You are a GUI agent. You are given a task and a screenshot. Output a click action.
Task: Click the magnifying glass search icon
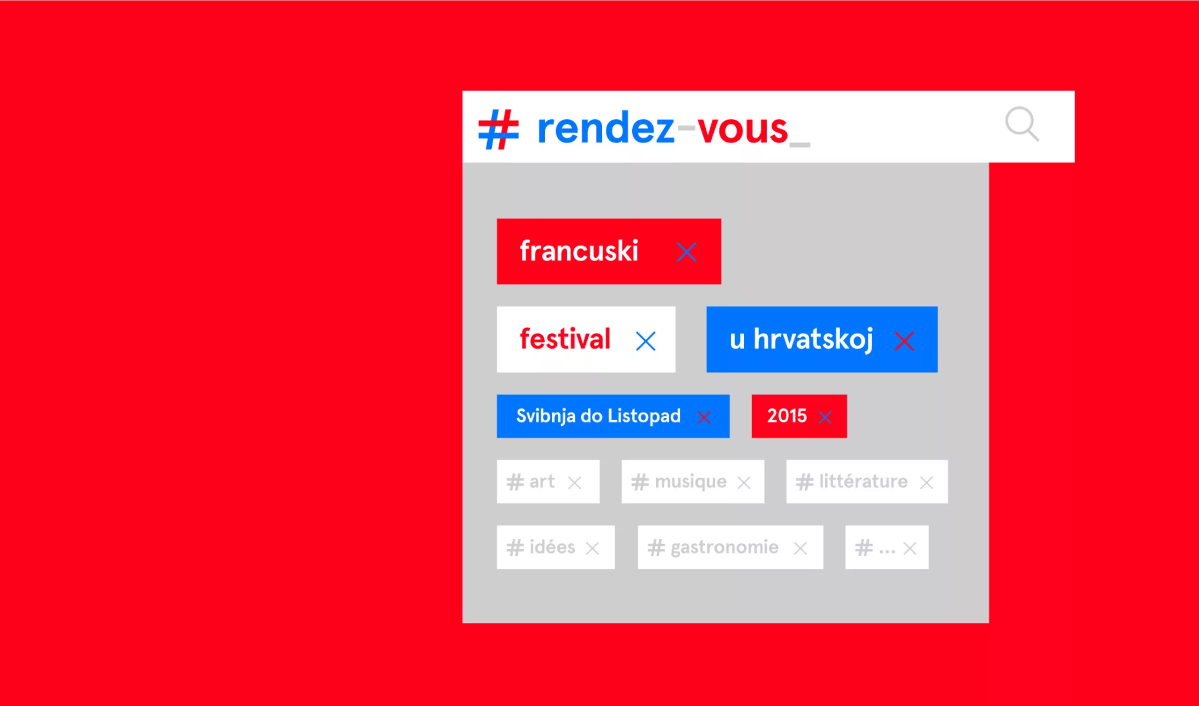pyautogui.click(x=1022, y=124)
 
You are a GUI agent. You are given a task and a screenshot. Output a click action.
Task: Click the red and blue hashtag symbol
pyautogui.click(x=498, y=130)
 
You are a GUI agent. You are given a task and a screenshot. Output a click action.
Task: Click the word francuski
pyautogui.click(x=578, y=251)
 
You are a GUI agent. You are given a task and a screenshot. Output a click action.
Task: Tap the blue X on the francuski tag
pyautogui.click(x=687, y=252)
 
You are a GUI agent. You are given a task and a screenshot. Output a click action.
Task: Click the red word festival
pyautogui.click(x=565, y=339)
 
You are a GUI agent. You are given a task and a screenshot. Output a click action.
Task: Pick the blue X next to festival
pyautogui.click(x=646, y=341)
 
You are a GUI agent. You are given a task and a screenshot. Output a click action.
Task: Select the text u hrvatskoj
pyautogui.click(x=801, y=340)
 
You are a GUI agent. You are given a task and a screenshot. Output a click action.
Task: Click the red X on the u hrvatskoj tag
pyautogui.click(x=904, y=341)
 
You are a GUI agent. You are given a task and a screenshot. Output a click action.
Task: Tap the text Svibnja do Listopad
pyautogui.click(x=599, y=416)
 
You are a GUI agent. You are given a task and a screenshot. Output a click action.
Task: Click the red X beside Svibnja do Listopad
pyautogui.click(x=704, y=418)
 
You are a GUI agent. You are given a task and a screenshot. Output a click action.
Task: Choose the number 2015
pyautogui.click(x=787, y=416)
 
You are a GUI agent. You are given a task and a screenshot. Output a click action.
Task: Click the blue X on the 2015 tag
pyautogui.click(x=825, y=418)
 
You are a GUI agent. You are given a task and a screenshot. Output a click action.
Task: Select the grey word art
pyautogui.click(x=542, y=481)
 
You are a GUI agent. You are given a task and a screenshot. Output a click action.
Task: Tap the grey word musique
pyautogui.click(x=691, y=482)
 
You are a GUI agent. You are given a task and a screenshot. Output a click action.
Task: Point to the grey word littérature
pyautogui.click(x=863, y=481)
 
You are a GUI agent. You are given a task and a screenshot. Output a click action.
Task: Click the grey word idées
pyautogui.click(x=552, y=546)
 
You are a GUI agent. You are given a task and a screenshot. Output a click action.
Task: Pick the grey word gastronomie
pyautogui.click(x=725, y=548)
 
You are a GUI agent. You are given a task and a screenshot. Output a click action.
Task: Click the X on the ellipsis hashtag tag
pyautogui.click(x=910, y=548)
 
